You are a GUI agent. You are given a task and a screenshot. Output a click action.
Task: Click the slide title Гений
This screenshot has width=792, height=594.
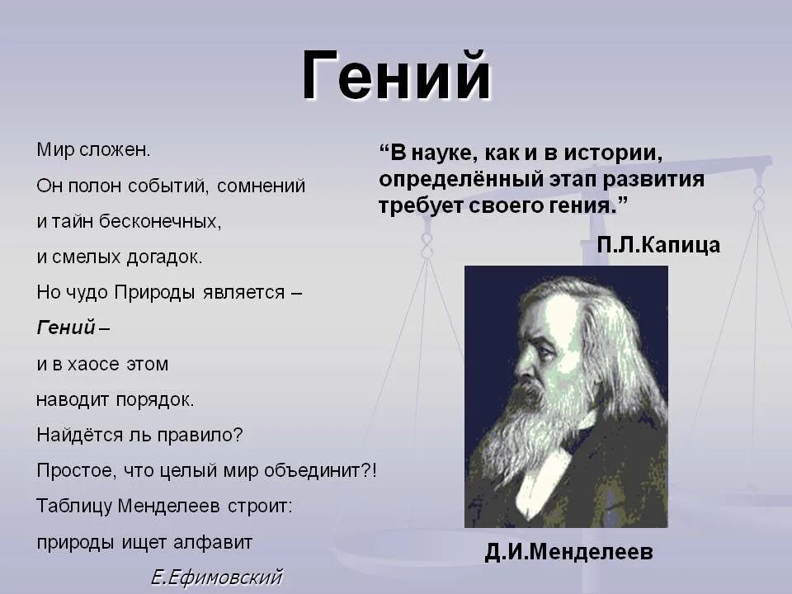click(397, 76)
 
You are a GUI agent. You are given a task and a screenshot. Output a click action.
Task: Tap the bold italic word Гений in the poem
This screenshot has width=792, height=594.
click(66, 328)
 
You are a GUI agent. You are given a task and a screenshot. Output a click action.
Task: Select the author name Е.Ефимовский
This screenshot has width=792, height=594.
click(216, 577)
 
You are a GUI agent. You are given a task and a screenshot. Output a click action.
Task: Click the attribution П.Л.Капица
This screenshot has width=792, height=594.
click(658, 245)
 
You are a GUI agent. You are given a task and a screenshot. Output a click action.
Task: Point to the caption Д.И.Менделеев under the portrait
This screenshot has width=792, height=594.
click(568, 552)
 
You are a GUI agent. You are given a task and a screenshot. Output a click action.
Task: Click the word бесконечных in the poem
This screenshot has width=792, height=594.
click(159, 221)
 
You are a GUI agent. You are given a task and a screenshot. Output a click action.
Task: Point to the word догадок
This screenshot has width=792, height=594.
click(164, 257)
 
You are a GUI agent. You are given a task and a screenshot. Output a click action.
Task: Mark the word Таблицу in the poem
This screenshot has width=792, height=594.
click(73, 507)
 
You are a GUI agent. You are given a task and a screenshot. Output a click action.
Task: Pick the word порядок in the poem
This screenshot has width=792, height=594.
click(155, 400)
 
